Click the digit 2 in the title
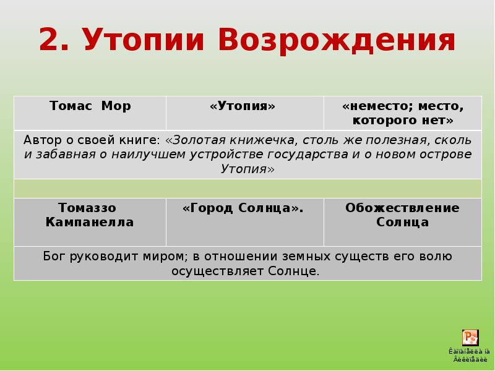51,40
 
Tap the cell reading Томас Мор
90,106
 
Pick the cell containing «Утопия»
243,106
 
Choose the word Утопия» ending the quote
247,169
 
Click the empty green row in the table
247,188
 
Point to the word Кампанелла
90,223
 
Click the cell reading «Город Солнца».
243,208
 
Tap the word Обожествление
402,208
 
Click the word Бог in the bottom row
54,256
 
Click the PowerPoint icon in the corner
470,338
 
